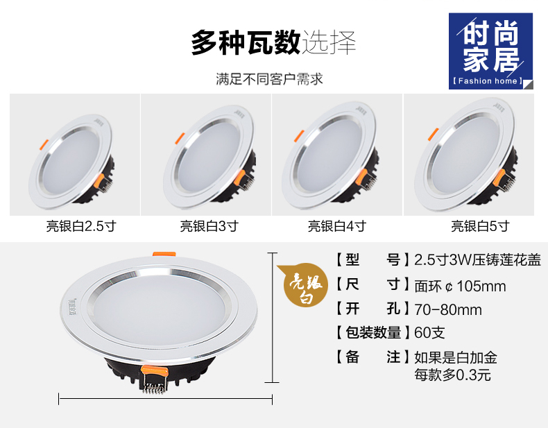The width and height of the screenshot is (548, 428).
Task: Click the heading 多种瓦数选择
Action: pyautogui.click(x=273, y=42)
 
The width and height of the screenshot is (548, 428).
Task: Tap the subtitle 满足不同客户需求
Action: pyautogui.click(x=269, y=79)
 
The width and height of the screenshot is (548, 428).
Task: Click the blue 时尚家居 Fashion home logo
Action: pyautogui.click(x=490, y=51)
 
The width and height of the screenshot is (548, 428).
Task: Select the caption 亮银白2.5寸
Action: pyautogui.click(x=81, y=226)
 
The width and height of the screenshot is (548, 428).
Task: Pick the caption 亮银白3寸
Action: pyautogui.click(x=209, y=226)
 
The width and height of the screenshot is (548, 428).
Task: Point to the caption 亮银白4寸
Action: pyautogui.click(x=337, y=226)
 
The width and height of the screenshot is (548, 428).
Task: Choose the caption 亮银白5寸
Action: pyautogui.click(x=480, y=226)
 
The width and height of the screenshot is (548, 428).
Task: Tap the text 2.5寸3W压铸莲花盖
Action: pyautogui.click(x=477, y=260)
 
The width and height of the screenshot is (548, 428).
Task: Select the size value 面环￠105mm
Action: pyautogui.click(x=460, y=286)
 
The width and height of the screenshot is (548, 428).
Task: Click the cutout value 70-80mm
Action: pyautogui.click(x=448, y=309)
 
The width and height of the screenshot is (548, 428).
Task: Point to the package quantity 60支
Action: pyautogui.click(x=429, y=332)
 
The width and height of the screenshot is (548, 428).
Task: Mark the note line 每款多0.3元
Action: pyautogui.click(x=452, y=375)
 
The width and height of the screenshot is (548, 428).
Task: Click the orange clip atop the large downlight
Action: pyautogui.click(x=164, y=255)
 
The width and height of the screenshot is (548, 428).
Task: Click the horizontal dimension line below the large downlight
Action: pyautogui.click(x=165, y=399)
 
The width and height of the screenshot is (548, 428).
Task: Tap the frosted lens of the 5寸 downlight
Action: pyautogui.click(x=466, y=155)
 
